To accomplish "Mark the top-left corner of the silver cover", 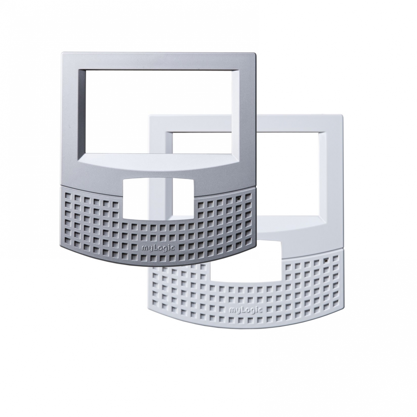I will click(61, 54).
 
